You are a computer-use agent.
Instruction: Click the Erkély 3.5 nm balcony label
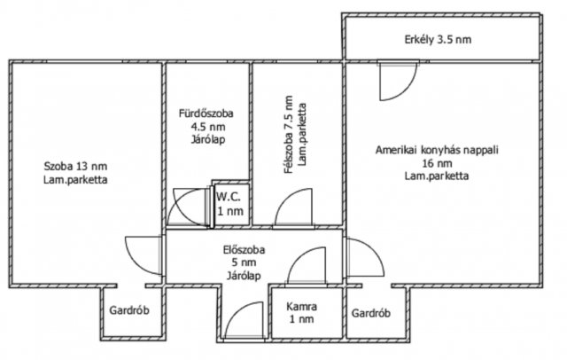(438, 39)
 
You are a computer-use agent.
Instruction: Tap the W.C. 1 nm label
(229, 204)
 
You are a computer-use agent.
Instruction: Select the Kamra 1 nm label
(301, 313)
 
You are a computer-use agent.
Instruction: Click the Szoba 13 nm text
(75, 167)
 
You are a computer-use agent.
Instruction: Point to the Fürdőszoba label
(206, 113)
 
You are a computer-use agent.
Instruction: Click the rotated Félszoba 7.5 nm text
(289, 135)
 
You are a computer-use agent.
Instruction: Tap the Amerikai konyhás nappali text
(437, 150)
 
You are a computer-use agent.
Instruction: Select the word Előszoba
(244, 250)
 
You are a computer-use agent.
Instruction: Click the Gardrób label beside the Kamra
(371, 313)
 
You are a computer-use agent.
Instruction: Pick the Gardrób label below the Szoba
(129, 310)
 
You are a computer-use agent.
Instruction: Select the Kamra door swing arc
(299, 256)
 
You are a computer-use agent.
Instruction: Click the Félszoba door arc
(286, 198)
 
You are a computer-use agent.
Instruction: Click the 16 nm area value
(437, 163)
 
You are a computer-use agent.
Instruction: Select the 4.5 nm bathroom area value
(208, 127)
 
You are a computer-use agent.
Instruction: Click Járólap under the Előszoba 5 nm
(244, 276)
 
